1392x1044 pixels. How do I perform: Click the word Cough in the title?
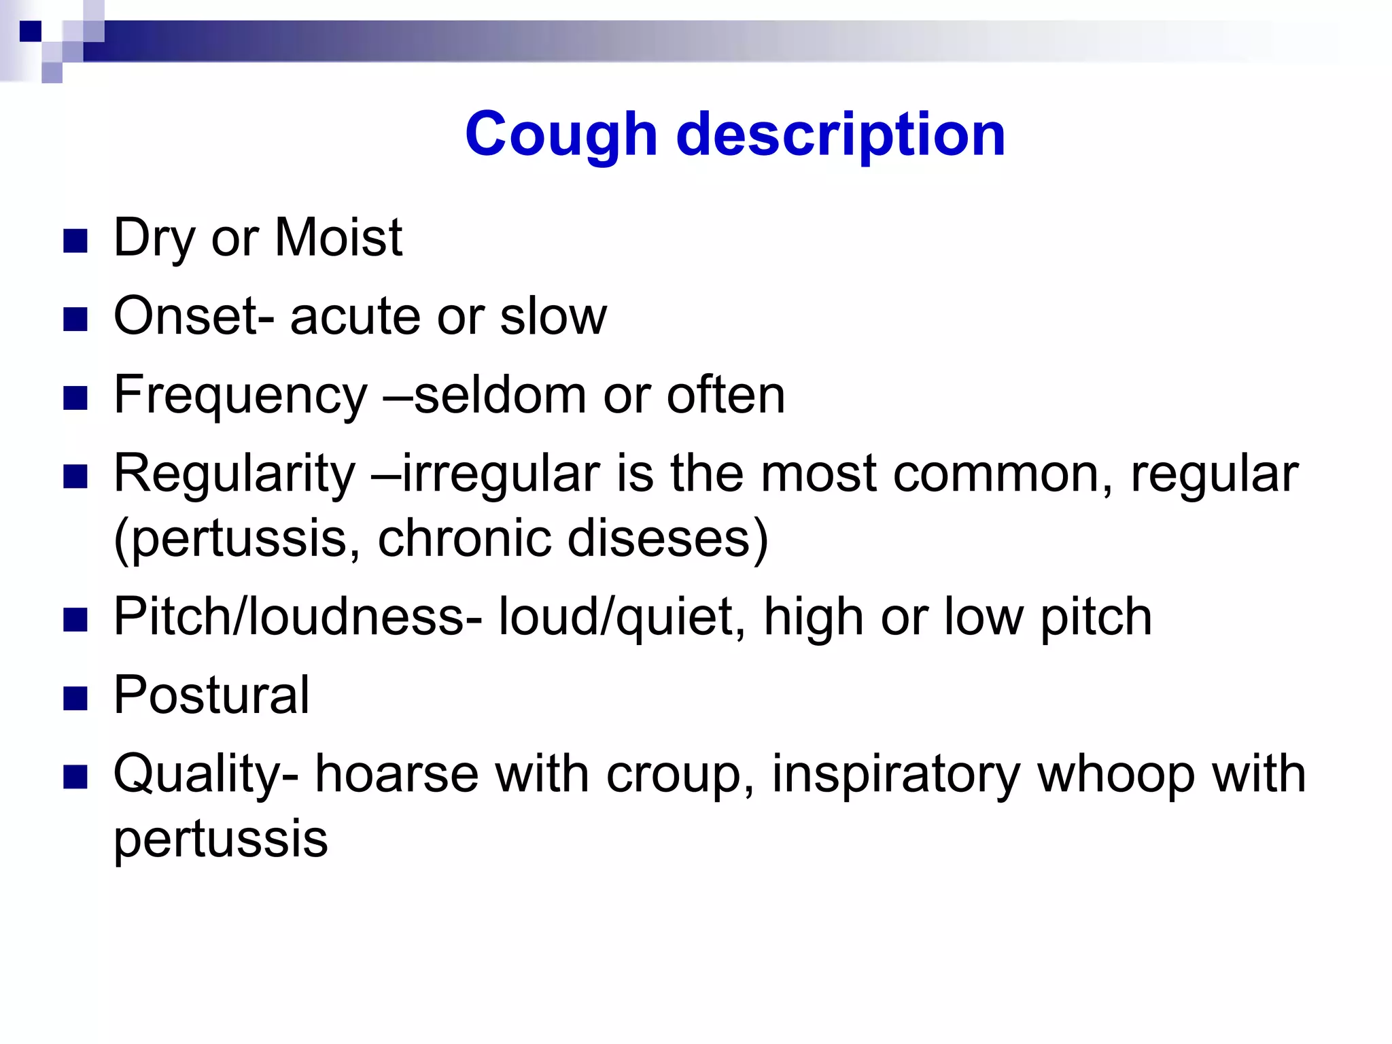click(x=561, y=135)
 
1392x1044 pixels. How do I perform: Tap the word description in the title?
click(x=841, y=135)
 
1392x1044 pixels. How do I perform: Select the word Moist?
click(x=338, y=237)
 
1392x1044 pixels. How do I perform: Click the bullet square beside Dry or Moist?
click(x=75, y=241)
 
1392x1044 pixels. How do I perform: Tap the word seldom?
click(x=500, y=395)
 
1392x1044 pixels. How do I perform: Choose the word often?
click(x=725, y=395)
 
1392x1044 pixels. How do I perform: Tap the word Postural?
click(x=211, y=695)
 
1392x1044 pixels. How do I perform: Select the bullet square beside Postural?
click(x=75, y=698)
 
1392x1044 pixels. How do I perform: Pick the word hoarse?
click(x=396, y=774)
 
